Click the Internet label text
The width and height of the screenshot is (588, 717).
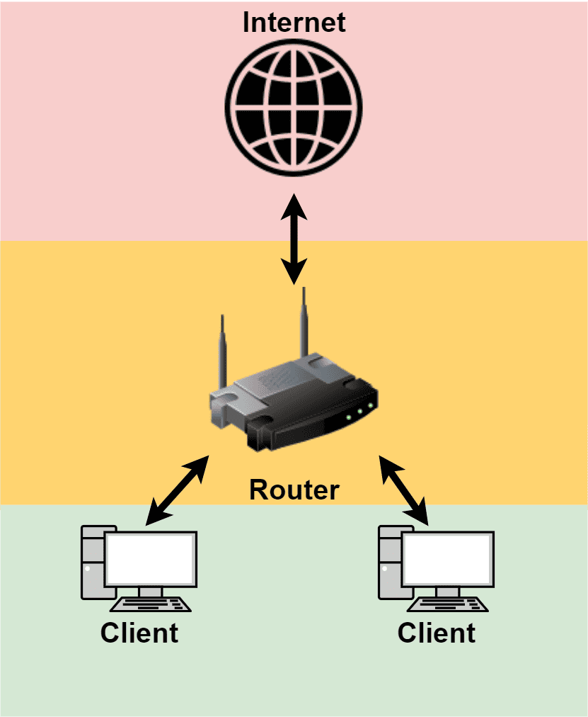[294, 22]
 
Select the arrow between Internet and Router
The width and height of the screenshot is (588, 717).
[294, 237]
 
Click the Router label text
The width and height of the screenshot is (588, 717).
[294, 490]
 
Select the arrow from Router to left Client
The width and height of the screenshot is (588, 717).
[177, 490]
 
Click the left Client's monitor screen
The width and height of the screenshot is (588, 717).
[150, 558]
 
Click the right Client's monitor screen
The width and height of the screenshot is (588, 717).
[447, 558]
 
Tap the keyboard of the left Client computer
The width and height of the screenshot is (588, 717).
[151, 604]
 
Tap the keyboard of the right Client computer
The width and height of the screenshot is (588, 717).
[448, 604]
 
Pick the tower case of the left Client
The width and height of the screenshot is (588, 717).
[93, 563]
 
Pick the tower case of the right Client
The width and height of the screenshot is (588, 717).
[390, 563]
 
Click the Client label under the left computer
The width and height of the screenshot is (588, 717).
[139, 632]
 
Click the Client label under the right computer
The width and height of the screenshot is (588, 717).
[437, 632]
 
